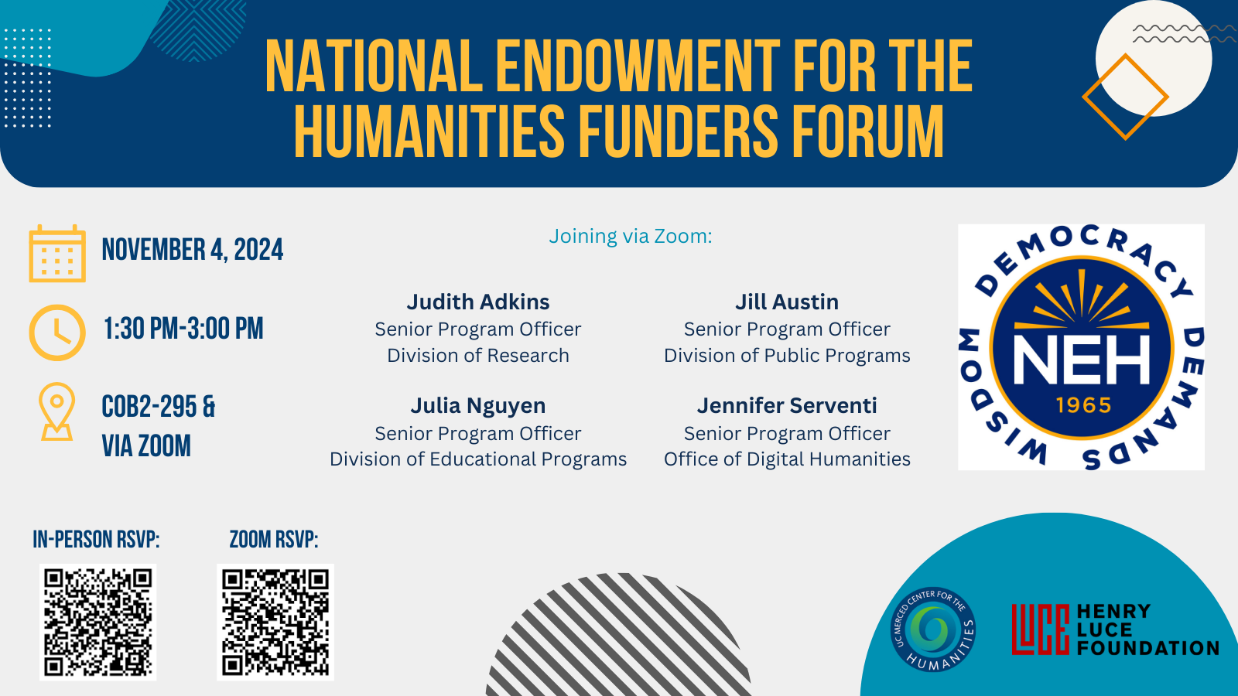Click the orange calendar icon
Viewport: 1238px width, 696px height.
pos(57,254)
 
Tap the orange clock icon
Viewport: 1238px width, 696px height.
pos(57,333)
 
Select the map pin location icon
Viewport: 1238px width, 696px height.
pos(57,411)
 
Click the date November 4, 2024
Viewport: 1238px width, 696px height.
pos(193,250)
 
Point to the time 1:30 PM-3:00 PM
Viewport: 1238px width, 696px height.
pos(183,329)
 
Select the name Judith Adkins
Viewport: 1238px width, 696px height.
pos(478,302)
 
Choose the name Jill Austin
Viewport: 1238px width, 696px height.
pos(787,302)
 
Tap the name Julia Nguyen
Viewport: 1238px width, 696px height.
pos(478,405)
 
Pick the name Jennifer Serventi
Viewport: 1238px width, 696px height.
pos(787,405)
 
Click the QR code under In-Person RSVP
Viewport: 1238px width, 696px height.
pos(97,622)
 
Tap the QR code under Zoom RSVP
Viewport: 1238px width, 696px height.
pos(275,622)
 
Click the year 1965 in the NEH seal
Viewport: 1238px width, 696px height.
pos(1083,405)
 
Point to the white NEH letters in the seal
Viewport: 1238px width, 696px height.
pos(1081,359)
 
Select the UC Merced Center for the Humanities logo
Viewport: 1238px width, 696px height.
pos(933,629)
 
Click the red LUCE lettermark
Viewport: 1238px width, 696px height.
pos(1040,629)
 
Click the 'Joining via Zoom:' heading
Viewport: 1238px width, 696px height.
pos(631,237)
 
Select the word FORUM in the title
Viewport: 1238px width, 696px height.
pos(868,131)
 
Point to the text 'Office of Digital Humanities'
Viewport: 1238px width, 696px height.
pos(787,459)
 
